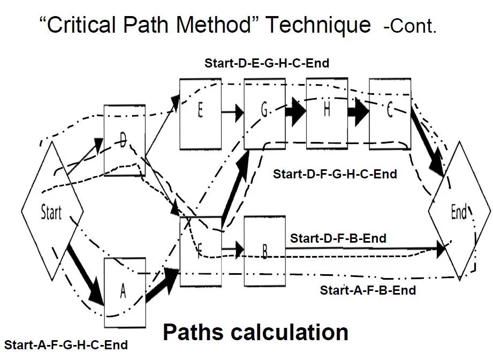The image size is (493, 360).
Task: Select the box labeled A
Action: (125, 292)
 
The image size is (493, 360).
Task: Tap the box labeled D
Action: (125, 140)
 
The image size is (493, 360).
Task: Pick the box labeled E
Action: (200, 114)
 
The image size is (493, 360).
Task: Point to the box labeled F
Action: (200, 251)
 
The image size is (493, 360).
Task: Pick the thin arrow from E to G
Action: (232, 112)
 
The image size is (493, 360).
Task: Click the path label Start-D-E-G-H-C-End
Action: (267, 63)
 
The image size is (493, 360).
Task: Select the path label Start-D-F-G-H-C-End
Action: (335, 174)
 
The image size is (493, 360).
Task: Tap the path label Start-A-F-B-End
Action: (368, 290)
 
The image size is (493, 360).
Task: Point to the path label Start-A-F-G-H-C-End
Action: (66, 345)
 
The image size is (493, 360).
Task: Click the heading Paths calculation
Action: (255, 332)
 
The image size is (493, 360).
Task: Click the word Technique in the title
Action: (319, 25)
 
